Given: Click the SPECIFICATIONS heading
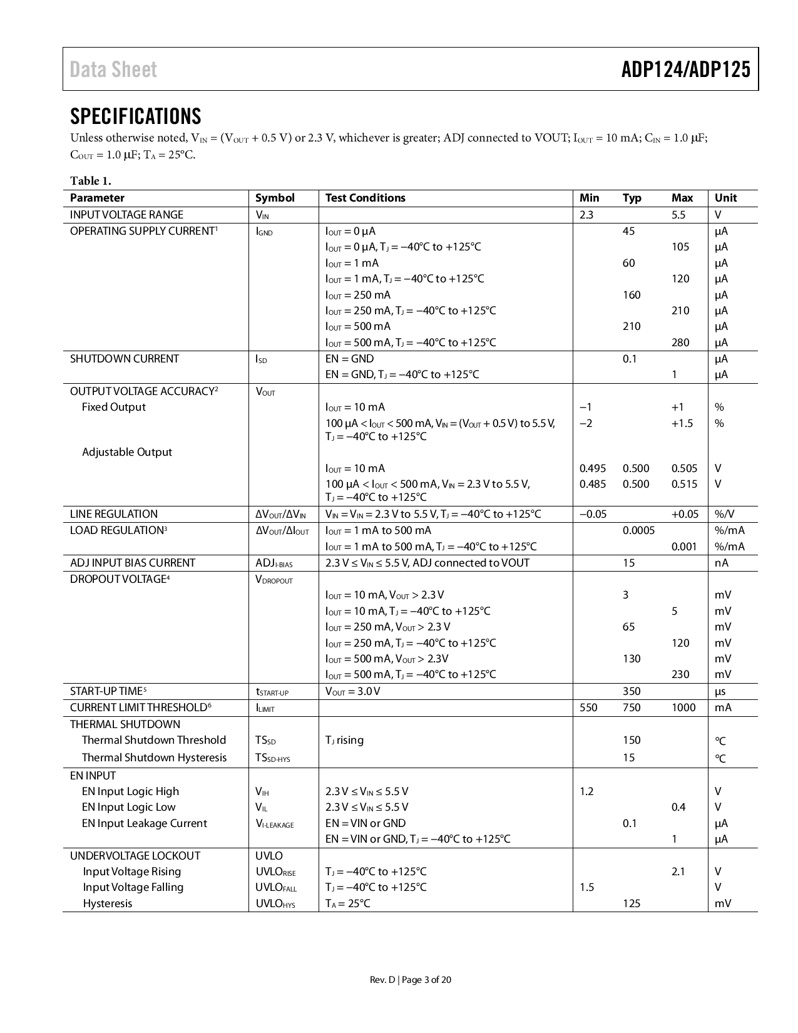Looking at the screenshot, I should tap(135, 116).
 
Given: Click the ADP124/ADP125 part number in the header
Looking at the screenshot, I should tap(685, 69).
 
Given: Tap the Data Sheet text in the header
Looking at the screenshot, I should tap(113, 69).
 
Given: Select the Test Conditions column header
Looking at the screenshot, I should tap(365, 198).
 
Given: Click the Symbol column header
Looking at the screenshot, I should tap(275, 198).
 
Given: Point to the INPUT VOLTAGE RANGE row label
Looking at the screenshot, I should tap(126, 215).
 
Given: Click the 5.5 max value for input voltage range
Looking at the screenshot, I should tap(678, 215).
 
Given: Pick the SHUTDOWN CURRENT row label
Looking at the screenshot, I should tap(124, 359).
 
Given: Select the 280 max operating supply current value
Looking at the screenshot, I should tap(680, 342).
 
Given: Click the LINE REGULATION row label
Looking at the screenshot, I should tap(113, 514).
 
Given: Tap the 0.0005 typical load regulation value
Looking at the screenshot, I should tap(638, 530).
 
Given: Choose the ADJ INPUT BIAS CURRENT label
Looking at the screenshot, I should tap(132, 563).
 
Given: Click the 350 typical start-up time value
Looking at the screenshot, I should tap(632, 691).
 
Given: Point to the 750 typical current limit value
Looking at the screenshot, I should tap(632, 707).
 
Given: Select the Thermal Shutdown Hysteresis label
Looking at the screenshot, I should tap(154, 758).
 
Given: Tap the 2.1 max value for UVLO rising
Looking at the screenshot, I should tap(678, 871).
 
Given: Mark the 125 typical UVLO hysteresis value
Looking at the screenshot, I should tap(632, 903).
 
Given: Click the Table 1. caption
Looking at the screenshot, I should tap(90, 181).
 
